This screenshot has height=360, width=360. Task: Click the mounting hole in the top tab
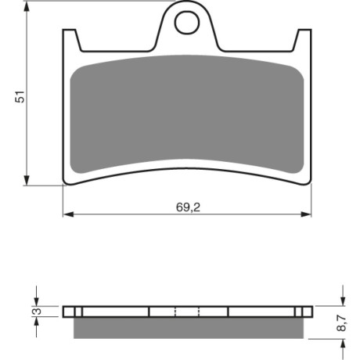(x=187, y=23)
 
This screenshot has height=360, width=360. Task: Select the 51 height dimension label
(x=20, y=96)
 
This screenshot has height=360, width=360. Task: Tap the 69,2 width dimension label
(x=188, y=207)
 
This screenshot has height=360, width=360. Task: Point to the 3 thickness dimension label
(x=38, y=311)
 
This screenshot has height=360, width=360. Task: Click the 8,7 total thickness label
(x=341, y=323)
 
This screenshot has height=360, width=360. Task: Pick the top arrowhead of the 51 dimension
(x=27, y=7)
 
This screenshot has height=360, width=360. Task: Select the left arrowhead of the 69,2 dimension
(x=68, y=214)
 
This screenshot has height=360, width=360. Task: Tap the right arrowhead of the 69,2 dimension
(x=306, y=214)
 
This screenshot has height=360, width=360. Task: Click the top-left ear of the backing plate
(x=70, y=39)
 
